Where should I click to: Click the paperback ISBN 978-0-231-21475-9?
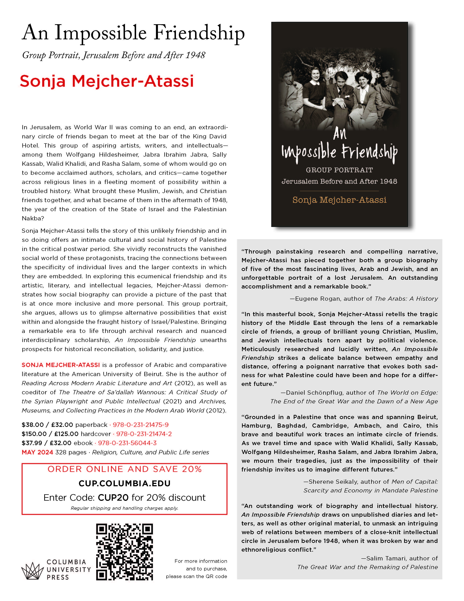click(x=140, y=425)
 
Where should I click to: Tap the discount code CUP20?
click(x=113, y=498)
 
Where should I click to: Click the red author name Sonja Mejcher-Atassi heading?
click(x=107, y=81)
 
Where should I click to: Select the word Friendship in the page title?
click(x=199, y=33)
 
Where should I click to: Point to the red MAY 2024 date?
click(x=37, y=452)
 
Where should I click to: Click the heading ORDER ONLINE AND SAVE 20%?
click(x=124, y=469)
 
